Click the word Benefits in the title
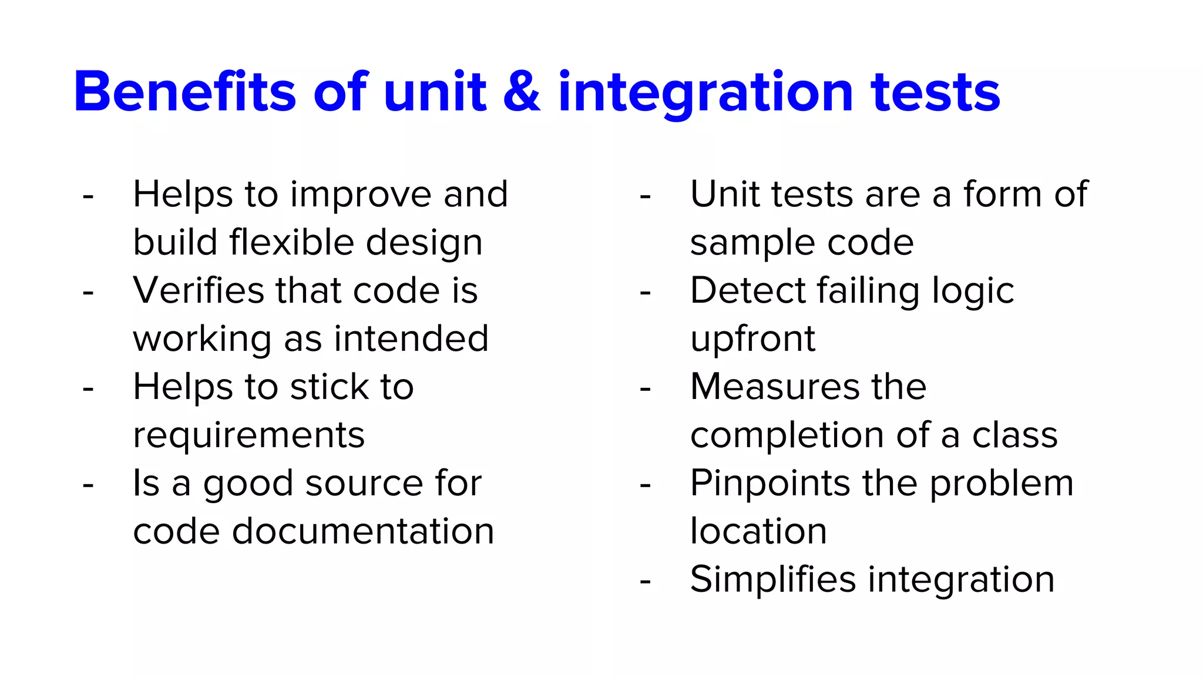click(x=184, y=92)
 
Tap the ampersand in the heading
click(x=522, y=92)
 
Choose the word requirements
click(x=248, y=436)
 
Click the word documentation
click(x=363, y=531)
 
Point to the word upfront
click(x=752, y=340)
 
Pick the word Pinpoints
click(x=770, y=484)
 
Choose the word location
click(x=758, y=531)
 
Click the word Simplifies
click(x=773, y=580)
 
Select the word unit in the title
click(x=435, y=92)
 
